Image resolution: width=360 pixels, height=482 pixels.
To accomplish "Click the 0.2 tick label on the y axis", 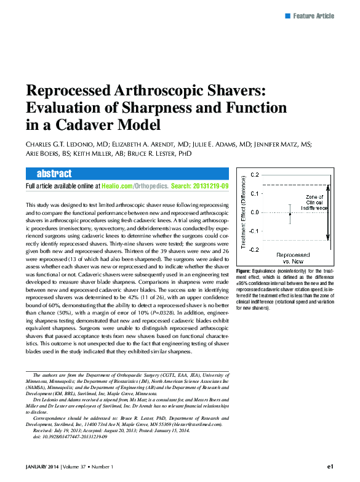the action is [254, 175].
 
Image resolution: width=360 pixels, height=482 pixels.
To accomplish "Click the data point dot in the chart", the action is [290, 214].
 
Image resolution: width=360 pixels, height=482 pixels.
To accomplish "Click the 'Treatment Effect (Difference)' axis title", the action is [244, 212].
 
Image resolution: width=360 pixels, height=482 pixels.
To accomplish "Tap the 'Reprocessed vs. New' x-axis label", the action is [293, 257].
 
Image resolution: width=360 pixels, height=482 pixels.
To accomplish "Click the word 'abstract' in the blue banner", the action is [54, 174].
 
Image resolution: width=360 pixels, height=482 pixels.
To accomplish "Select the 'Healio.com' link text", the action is [118, 186].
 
